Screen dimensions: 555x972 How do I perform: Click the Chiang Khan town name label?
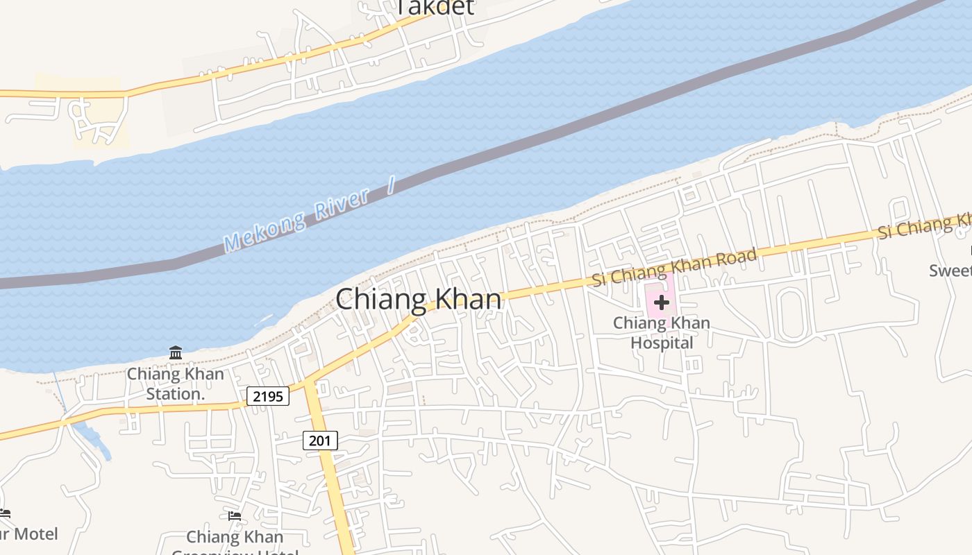point(419,300)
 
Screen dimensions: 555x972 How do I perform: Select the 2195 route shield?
point(268,396)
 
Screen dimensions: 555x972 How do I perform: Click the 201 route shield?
point(320,440)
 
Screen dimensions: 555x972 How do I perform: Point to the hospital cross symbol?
point(661,302)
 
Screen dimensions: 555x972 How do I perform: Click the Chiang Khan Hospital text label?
point(662,333)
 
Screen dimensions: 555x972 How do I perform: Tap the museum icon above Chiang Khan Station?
point(176,353)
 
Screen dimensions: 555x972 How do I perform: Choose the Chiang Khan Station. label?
point(175,384)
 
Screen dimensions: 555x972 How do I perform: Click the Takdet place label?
point(435,7)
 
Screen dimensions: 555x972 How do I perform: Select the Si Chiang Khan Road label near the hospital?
point(674,267)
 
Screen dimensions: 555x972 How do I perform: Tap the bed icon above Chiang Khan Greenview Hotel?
point(235,515)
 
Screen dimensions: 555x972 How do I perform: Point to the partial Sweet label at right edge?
point(950,271)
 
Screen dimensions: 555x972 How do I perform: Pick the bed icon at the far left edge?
point(5,513)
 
